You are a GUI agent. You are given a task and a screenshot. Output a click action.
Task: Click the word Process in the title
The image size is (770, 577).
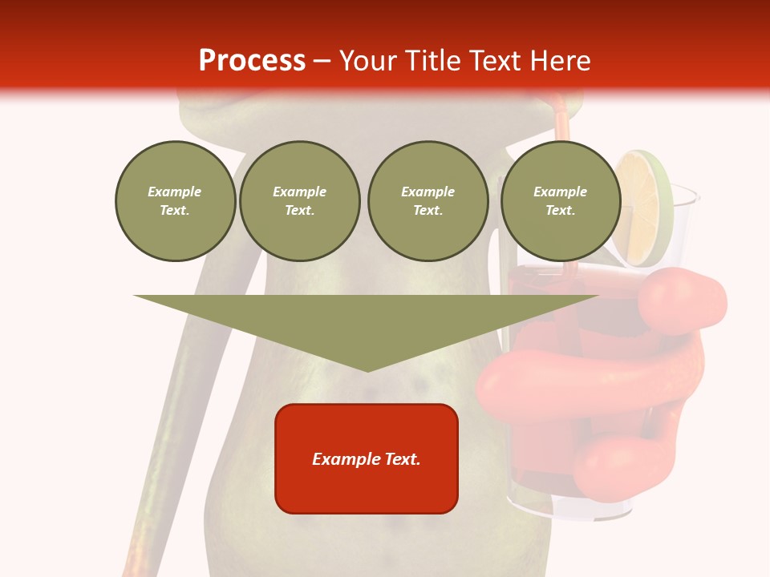coord(252,61)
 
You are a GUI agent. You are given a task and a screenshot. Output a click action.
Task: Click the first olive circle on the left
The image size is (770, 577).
coord(175,201)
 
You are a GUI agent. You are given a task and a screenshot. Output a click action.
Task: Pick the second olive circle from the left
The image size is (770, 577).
coord(299,201)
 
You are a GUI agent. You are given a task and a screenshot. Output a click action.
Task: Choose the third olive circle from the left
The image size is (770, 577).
coord(428,201)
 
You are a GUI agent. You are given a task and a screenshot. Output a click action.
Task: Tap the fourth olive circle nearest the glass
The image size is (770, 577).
coord(560,201)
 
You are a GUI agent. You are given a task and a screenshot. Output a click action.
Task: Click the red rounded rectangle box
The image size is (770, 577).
coord(367,458)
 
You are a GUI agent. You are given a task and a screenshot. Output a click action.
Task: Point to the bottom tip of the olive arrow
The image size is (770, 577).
coord(367,369)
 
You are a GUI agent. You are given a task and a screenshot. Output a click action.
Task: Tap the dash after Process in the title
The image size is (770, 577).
coord(322,62)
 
